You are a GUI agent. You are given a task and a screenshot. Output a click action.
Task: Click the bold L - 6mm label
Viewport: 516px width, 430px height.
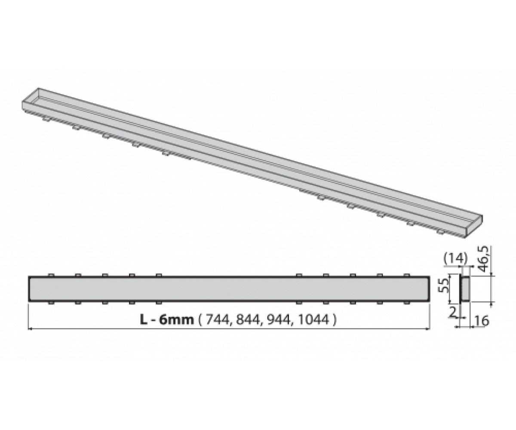[167, 320]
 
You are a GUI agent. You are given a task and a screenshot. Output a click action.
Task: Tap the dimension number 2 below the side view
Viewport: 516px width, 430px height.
[452, 312]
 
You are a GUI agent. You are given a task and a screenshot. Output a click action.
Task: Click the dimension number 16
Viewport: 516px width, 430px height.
[482, 321]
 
